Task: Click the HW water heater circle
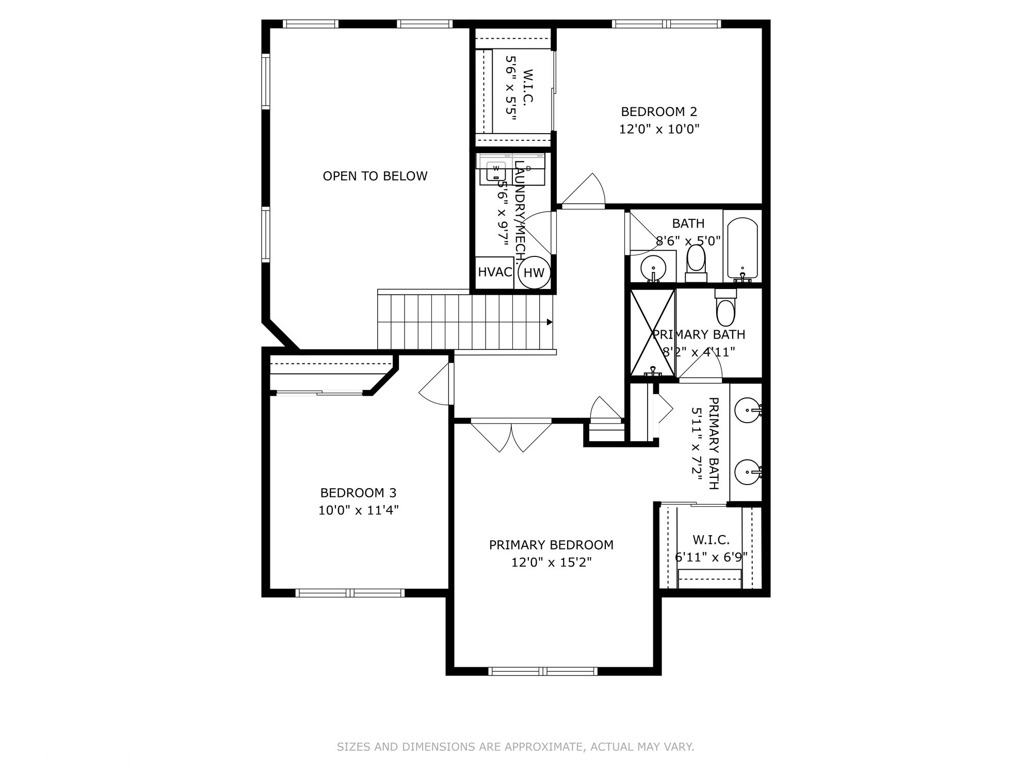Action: coord(534,272)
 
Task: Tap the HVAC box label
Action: coord(494,272)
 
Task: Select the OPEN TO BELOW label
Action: coord(375,176)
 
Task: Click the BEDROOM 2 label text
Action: coord(659,111)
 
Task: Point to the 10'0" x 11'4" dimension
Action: coord(358,510)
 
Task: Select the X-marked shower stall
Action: coord(653,332)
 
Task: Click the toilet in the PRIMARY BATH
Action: coord(725,309)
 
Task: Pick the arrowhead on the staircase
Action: coord(550,322)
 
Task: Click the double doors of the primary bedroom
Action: coord(511,436)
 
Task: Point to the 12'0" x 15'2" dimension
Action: coord(551,562)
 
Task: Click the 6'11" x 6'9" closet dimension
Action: coord(711,557)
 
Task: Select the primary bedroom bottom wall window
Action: coord(543,671)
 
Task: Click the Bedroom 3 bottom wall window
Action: coord(350,593)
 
